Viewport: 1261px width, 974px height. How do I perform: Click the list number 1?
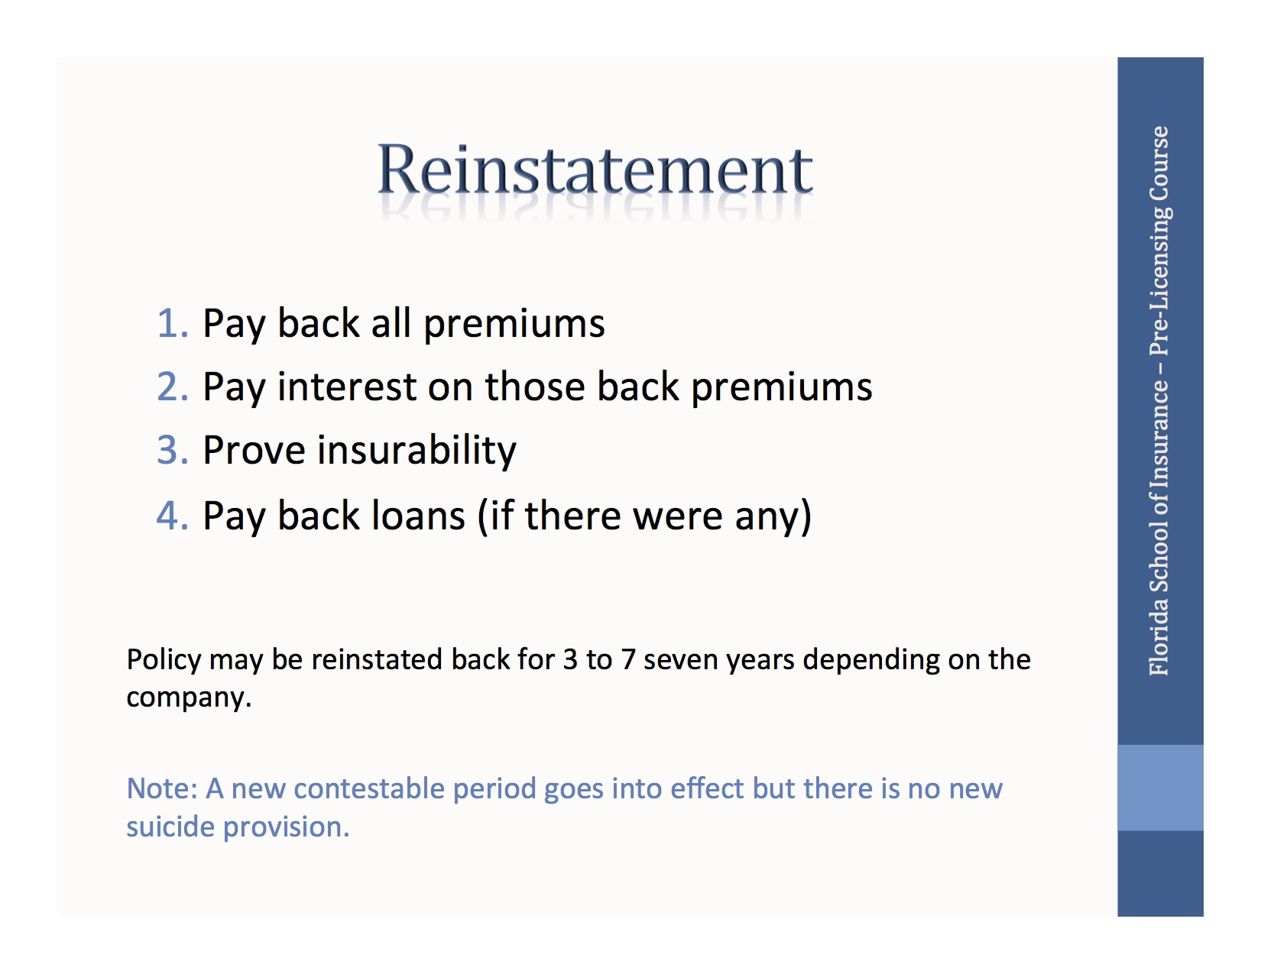point(171,323)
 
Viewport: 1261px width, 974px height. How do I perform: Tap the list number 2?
point(171,387)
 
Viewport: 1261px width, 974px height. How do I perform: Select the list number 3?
point(171,450)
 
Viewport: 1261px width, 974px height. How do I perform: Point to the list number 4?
point(171,516)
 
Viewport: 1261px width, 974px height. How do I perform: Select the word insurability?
point(417,451)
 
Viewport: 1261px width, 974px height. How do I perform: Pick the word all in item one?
point(391,323)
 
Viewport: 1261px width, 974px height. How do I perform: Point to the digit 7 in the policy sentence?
point(628,660)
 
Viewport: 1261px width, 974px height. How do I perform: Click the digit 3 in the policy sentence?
point(570,660)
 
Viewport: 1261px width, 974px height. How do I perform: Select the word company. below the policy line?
point(188,698)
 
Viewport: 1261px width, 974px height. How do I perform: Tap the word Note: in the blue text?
point(162,788)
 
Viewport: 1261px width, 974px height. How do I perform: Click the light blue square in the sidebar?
point(1160,788)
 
